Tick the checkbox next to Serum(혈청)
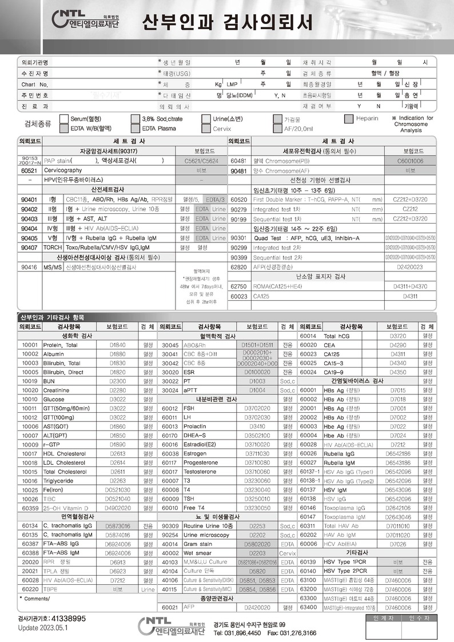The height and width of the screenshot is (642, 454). click(x=64, y=119)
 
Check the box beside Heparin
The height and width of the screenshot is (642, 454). click(x=349, y=119)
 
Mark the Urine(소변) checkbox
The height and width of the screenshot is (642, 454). click(x=206, y=119)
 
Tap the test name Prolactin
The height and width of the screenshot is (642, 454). click(x=194, y=426)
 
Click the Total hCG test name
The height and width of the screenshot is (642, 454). click(x=337, y=336)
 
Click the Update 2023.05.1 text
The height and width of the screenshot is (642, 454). click(x=42, y=627)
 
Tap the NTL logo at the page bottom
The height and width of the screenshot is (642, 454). click(x=166, y=625)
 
